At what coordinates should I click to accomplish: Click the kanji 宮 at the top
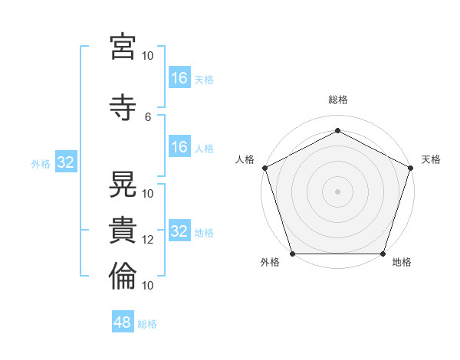pos(123,46)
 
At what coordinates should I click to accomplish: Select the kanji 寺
pos(123,107)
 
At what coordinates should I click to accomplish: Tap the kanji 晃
pos(123,184)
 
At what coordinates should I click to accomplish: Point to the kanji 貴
pos(123,230)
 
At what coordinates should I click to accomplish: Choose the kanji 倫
pos(123,276)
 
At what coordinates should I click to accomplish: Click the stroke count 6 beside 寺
pos(148,117)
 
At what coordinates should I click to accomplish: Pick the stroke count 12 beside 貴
pos(147,240)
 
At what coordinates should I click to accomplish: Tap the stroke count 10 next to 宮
pos(147,56)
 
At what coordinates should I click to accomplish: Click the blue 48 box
pos(123,321)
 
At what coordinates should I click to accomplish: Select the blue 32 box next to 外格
pos(66,162)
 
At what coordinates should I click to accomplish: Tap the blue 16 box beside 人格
pos(180,146)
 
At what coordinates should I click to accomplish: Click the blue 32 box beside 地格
pos(180,230)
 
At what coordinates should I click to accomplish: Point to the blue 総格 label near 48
pos(147,324)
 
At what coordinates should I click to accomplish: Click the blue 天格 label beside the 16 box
pos(204,80)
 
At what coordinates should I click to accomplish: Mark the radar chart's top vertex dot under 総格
pos(337,130)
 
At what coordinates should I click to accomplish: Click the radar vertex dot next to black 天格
pos(411,168)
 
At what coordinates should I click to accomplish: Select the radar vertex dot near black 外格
pos(293,254)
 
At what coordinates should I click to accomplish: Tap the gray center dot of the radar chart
pos(337,191)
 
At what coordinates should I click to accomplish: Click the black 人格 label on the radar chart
pos(245,159)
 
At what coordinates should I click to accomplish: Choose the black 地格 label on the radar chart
pos(402,262)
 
